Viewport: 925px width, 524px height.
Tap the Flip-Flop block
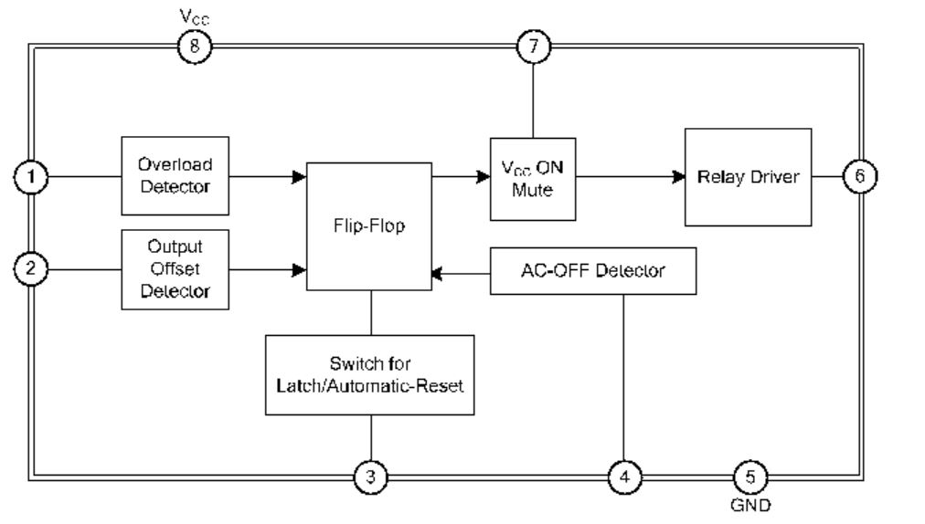(368, 226)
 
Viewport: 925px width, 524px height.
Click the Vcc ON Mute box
(532, 179)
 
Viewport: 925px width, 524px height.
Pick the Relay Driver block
(747, 177)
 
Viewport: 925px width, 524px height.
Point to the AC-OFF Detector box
(592, 271)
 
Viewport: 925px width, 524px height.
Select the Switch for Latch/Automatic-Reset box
(369, 375)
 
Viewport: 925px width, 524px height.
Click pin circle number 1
(31, 177)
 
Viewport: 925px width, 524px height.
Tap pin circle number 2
(31, 269)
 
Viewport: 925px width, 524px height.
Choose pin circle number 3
(370, 476)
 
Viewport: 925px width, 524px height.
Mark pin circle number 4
(625, 476)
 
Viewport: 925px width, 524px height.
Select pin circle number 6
(859, 177)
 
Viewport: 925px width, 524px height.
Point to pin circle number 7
(533, 47)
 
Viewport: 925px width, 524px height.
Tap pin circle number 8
(194, 47)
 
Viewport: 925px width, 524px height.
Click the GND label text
(750, 504)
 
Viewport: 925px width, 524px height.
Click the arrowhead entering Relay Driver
(678, 177)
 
